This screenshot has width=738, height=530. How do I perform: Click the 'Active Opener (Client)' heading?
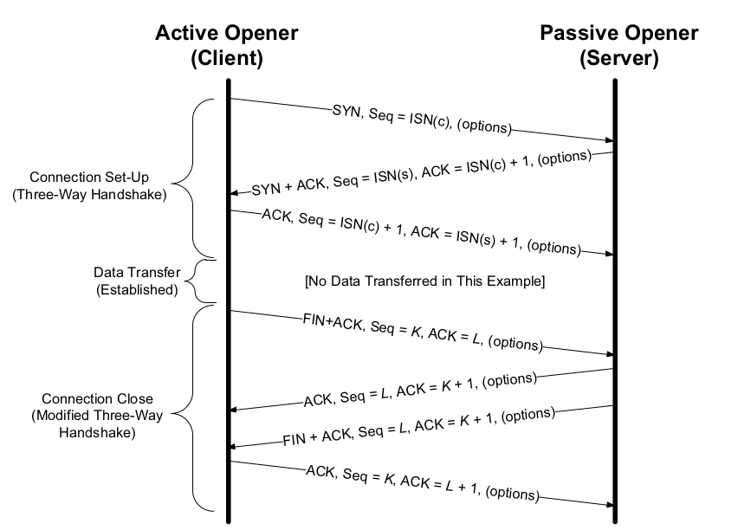[x=227, y=46]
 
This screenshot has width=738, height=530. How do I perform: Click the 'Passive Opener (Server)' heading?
[x=618, y=46]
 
